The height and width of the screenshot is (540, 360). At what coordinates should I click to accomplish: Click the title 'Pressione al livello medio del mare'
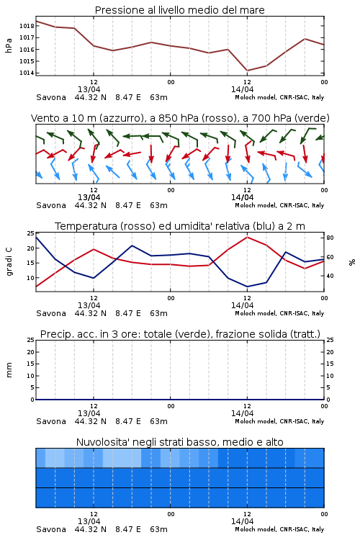pos(179,10)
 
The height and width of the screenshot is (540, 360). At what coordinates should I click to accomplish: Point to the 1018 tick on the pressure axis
pos(27,26)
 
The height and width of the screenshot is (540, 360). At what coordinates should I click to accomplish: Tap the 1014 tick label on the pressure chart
pos(27,73)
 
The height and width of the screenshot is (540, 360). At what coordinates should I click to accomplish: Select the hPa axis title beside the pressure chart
pos(9,45)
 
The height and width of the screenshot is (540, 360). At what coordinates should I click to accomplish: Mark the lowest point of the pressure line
pos(247,71)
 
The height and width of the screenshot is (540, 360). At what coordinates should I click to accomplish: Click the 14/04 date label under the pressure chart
pos(242,89)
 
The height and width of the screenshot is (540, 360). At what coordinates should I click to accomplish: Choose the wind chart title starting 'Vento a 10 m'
pos(180,118)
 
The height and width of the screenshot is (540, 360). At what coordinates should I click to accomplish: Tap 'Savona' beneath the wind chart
pos(51,205)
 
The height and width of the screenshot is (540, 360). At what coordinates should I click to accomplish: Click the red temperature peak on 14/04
pos(247,237)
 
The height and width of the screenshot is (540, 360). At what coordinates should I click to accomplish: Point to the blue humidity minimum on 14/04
pos(247,287)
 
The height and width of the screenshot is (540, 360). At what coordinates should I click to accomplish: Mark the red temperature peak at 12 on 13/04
pos(94,249)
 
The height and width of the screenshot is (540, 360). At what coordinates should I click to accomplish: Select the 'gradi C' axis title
pos(9,261)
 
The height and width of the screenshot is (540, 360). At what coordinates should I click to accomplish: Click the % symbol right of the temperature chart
pos(352,262)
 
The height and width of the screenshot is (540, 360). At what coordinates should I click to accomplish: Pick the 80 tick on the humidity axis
pos(330,238)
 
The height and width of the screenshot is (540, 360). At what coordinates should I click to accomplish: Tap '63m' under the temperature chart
pos(159,313)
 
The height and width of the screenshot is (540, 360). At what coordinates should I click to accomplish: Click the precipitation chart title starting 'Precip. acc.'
pos(180,334)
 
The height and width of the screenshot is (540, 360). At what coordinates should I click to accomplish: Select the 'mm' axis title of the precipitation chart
pos(9,370)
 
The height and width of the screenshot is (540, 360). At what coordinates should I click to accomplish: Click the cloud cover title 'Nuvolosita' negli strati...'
pos(179,442)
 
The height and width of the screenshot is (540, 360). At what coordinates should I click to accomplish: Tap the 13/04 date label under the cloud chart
pos(89,521)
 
